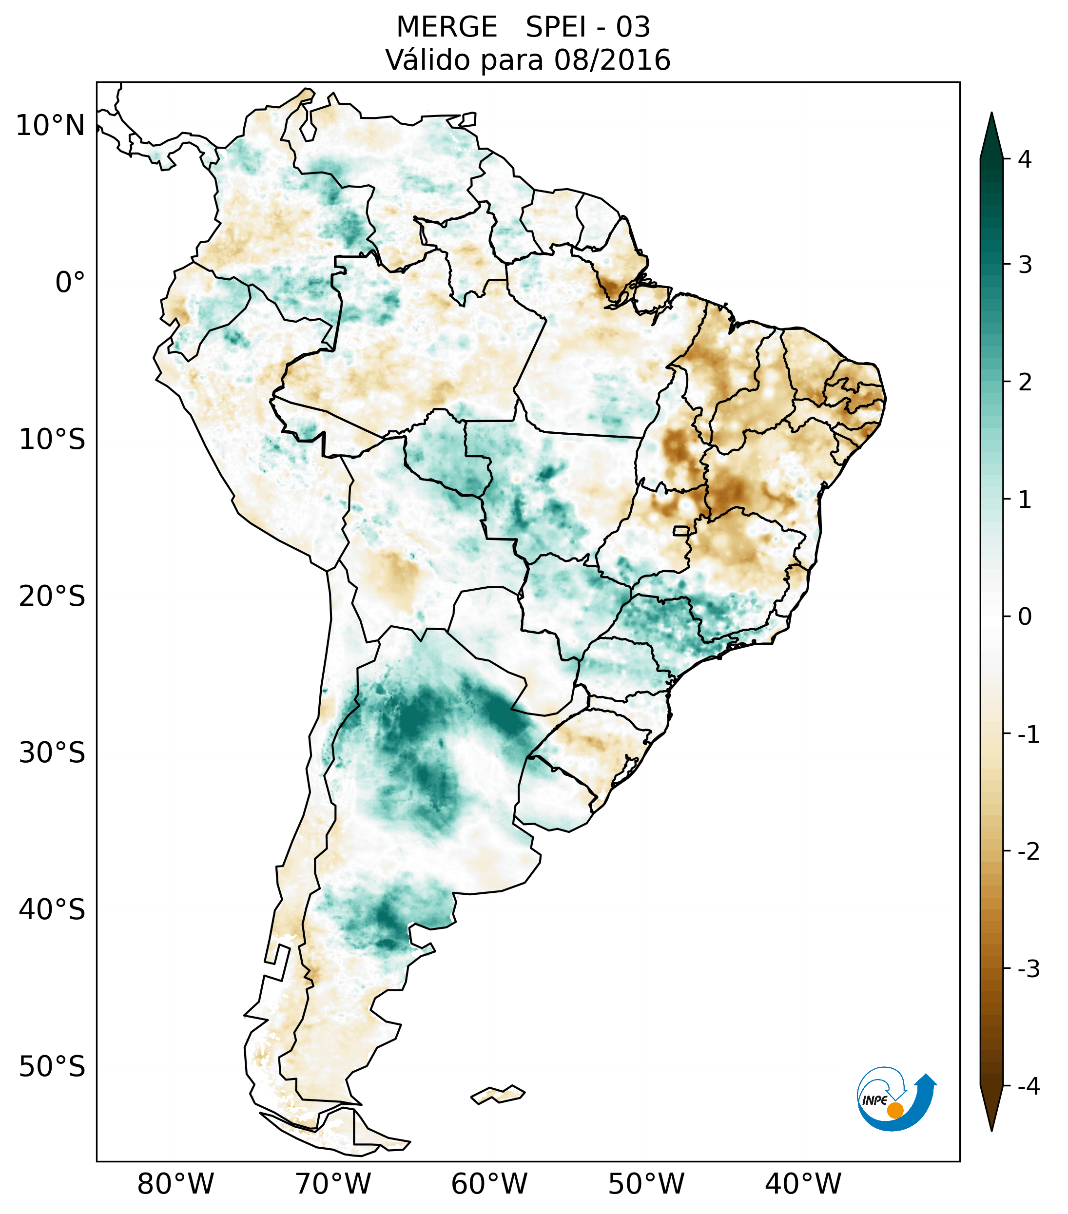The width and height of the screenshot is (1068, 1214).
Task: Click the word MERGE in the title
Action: coord(446,27)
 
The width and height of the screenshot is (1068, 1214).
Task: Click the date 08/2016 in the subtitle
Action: coord(612,60)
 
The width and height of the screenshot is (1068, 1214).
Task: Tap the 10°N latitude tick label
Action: coord(51,126)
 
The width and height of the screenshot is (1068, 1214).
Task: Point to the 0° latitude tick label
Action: coord(70,283)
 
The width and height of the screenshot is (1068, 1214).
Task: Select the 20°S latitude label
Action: coord(52,597)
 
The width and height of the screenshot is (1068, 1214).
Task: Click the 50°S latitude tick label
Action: coord(52,1067)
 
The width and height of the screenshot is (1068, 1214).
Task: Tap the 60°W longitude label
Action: coord(489,1184)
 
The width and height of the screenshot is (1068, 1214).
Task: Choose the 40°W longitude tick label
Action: coord(802,1184)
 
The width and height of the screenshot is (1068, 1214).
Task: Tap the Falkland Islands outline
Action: coord(498,1094)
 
